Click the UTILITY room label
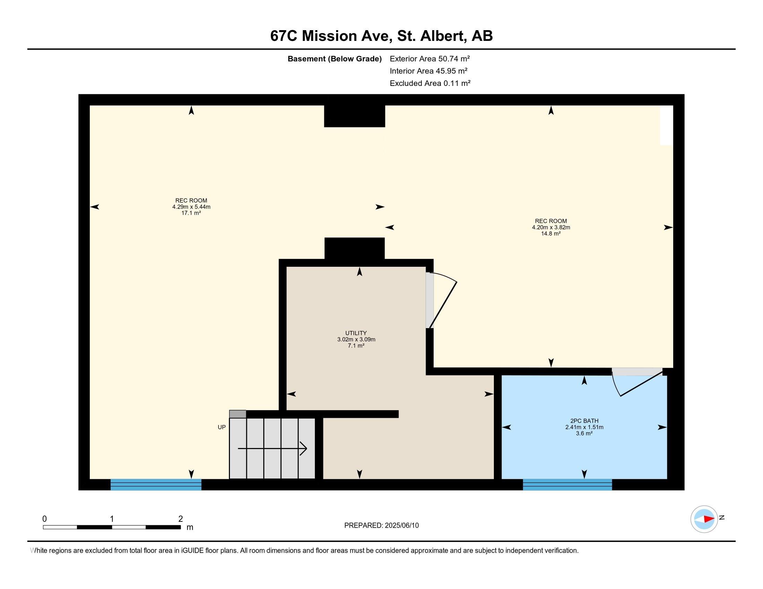tap(356, 333)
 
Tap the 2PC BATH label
tap(584, 421)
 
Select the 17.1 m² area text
tap(191, 213)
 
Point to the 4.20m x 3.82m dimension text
tap(551, 227)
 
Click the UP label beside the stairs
tap(222, 427)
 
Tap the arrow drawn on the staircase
tap(272, 448)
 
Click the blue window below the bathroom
tap(567, 485)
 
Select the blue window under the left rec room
tap(156, 485)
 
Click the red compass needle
tap(709, 519)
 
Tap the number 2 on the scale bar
tap(181, 519)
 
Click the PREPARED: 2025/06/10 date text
tap(381, 526)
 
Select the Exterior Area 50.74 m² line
tap(430, 59)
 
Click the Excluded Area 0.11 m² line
tap(430, 83)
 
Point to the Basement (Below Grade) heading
tap(334, 59)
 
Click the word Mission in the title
tap(329, 36)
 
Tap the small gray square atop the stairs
tap(238, 414)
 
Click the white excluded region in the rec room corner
tap(666, 125)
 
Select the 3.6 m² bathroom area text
tap(584, 433)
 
